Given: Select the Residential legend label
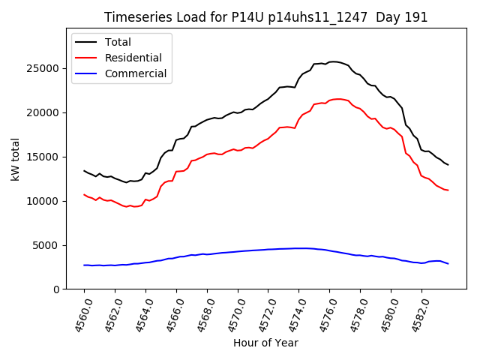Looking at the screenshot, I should coord(133,58).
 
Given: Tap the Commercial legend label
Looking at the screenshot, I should coord(136,73).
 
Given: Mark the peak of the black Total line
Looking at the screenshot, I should coord(334,61).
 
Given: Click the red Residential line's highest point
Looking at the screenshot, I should coord(339,99).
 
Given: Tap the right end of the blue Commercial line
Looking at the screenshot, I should coord(448,264).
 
